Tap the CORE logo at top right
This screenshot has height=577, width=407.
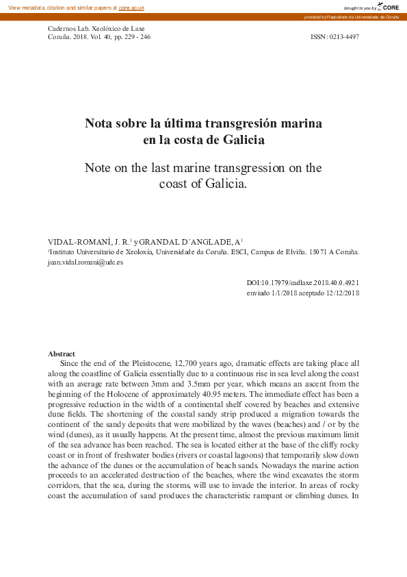click(387, 7)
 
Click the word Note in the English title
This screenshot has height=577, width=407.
click(99, 168)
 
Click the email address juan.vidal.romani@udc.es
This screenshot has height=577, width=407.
click(86, 262)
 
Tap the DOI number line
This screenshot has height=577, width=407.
click(303, 282)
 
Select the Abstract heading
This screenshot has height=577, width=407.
click(62, 354)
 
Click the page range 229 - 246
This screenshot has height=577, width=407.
click(136, 37)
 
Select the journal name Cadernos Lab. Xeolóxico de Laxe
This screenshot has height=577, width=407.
click(95, 28)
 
